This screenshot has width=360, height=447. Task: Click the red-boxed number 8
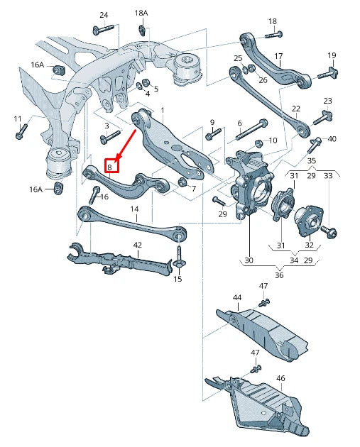coord(110,167)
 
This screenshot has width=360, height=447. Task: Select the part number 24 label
coord(104,15)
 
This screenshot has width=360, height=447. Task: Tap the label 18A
coord(141,13)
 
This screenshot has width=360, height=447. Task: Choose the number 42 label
coord(137,245)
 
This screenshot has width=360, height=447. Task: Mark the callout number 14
coord(134,209)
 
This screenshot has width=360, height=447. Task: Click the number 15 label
coord(178,279)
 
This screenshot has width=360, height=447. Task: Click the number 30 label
coord(249,260)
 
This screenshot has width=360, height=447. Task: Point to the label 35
coord(311,161)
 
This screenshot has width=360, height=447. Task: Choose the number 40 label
coord(332,138)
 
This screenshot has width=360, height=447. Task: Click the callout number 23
coord(327,101)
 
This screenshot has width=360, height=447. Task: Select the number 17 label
coord(278,55)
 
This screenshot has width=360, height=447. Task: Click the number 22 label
coord(296,109)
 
